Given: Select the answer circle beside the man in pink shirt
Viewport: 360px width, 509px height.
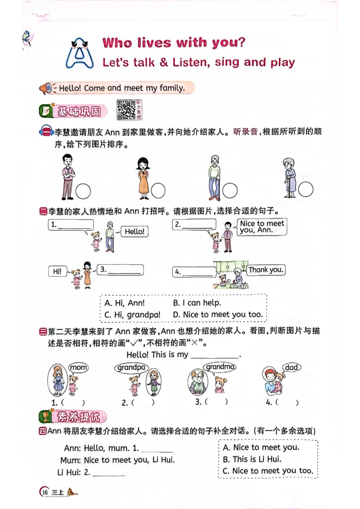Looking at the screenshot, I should [83, 192].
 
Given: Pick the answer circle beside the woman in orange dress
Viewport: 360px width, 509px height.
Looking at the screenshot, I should [158, 191].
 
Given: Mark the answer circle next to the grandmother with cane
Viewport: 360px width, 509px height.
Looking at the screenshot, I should [306, 190].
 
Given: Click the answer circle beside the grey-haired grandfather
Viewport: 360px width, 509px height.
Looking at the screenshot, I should [229, 191].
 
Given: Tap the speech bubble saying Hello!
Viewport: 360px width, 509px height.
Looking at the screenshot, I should [135, 232].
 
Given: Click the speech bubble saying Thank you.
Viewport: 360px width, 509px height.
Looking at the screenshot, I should [266, 270].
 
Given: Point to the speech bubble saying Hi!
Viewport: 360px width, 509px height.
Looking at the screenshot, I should [57, 271].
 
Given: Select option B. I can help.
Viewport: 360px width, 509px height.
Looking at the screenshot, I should [197, 303].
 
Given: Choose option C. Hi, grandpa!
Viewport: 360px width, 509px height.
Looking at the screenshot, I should [132, 315].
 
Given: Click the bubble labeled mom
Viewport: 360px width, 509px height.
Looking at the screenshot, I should [78, 368].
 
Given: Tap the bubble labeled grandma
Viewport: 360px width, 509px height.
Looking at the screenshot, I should [220, 367].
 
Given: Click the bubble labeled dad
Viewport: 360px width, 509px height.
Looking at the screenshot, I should [292, 367].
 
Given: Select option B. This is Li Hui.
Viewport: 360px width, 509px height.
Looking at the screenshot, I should [252, 459].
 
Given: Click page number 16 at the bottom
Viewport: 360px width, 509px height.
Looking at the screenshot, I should [45, 492].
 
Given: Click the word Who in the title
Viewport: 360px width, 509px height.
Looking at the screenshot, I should [118, 43].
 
